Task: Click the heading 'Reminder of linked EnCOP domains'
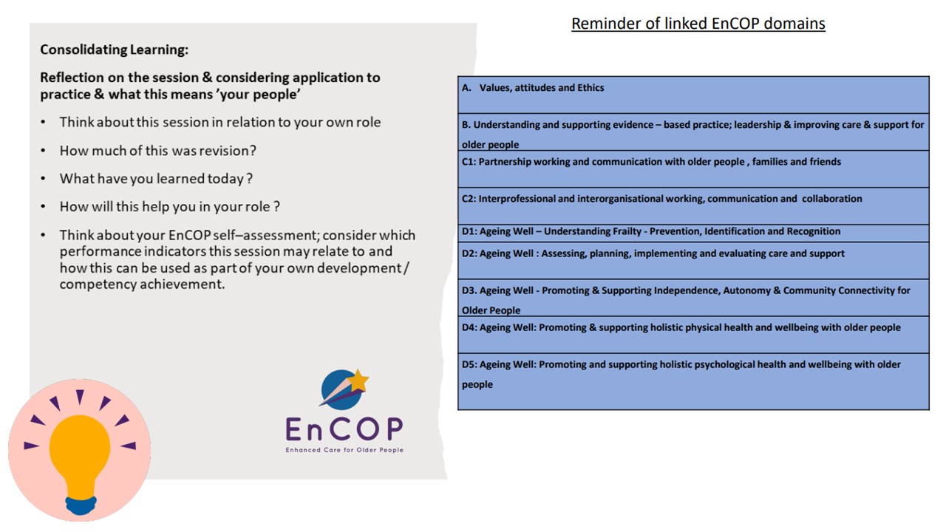coord(698,24)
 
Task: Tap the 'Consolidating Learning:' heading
coord(115,50)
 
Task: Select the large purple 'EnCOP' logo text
coord(344,429)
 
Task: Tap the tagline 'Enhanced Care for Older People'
coord(344,450)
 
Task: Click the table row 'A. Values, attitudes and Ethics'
coord(693,95)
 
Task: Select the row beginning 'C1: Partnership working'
coord(693,169)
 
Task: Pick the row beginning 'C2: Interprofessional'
coord(693,206)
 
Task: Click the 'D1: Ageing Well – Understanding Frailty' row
coord(693,233)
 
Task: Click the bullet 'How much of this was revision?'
coord(158,151)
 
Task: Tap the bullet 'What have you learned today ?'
coord(156,179)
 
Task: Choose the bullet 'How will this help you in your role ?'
coord(170,207)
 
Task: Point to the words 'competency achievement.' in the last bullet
coord(142,284)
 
